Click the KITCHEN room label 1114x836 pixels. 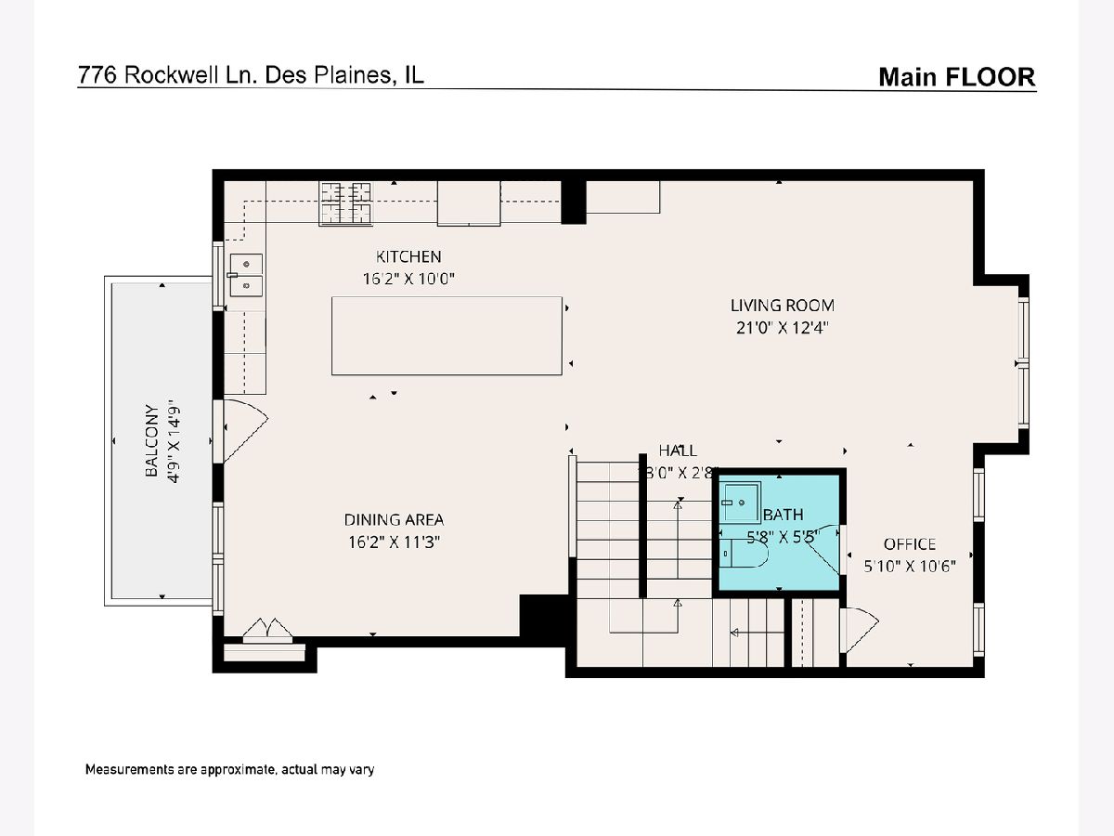(408, 257)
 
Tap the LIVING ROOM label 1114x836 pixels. (782, 306)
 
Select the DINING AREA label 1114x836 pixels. (394, 520)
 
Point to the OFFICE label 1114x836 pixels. (910, 544)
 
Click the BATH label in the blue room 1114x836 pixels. (784, 515)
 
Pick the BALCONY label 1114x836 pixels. (151, 440)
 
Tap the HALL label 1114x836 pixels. (678, 451)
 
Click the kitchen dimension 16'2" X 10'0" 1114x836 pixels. (408, 279)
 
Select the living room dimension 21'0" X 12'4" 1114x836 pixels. (782, 328)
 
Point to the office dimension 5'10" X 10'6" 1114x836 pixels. (910, 566)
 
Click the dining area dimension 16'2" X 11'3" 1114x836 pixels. (394, 542)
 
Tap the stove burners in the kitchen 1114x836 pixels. (345, 203)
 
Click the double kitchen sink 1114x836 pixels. (246, 275)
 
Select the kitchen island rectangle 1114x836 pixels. (447, 336)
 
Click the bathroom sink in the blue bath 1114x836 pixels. (742, 503)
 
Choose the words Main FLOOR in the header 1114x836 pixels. (957, 77)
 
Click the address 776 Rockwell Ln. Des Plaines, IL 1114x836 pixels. (251, 75)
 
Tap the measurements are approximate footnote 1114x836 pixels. (229, 769)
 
